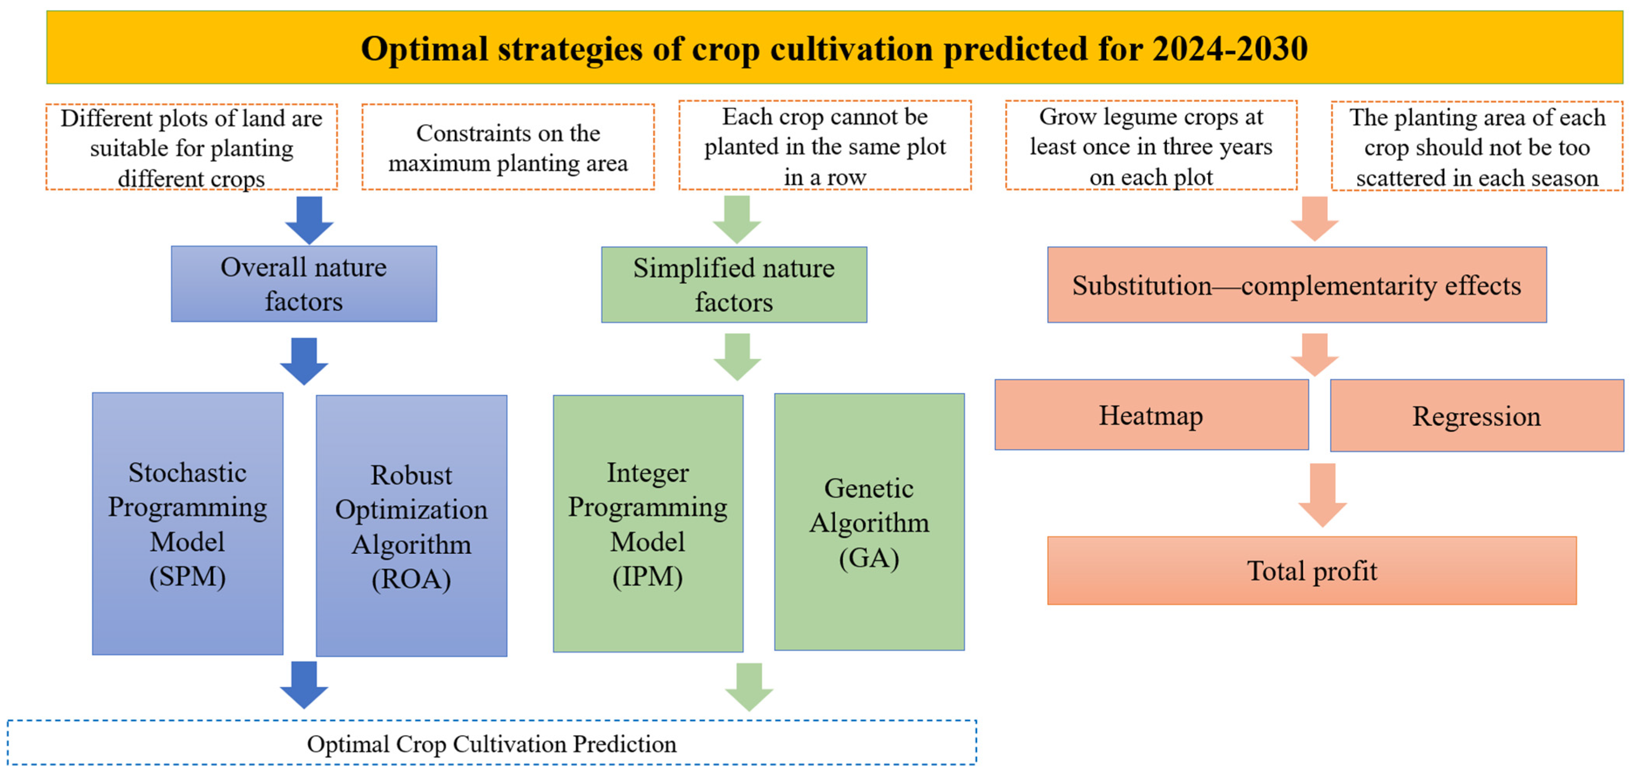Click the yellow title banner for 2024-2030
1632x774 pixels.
pos(834,47)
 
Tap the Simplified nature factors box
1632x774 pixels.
pos(734,285)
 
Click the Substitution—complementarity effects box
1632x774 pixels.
pos(1296,285)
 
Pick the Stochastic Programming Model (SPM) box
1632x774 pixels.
pos(188,524)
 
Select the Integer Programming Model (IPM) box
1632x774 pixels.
pos(647,524)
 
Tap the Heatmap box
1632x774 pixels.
pos(1151,415)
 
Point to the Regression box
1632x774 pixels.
pos(1476,416)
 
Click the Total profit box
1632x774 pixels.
pos(1311,571)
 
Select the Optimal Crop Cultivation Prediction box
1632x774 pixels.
pos(492,743)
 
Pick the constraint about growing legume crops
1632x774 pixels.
pos(1151,146)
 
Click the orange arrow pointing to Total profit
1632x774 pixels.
pos(1322,494)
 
